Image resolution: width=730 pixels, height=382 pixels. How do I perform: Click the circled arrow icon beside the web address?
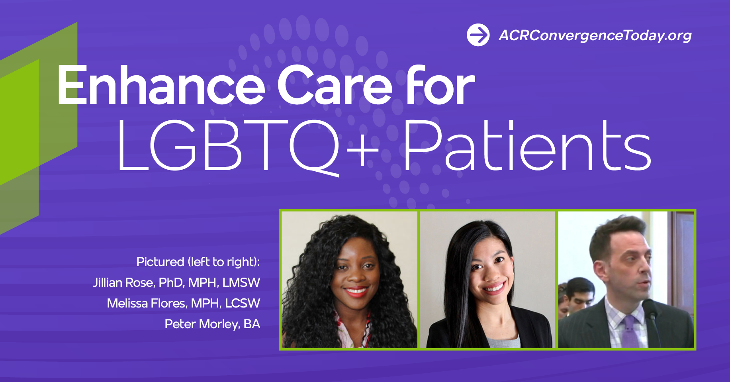pos(478,35)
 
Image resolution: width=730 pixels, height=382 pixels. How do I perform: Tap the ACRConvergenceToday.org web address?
pos(595,35)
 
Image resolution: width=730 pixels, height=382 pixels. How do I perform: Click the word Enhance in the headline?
pos(161,85)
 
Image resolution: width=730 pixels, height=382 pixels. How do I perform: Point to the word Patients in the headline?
pos(527,146)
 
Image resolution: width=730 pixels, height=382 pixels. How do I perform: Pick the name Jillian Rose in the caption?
pos(123,282)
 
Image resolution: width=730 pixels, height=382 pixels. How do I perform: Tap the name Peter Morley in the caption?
pos(202,324)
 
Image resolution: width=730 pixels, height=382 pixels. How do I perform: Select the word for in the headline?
pos(440,85)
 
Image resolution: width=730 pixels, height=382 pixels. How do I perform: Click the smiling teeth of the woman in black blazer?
pos(494,287)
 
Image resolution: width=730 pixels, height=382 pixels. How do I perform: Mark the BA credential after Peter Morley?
pos(252,324)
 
